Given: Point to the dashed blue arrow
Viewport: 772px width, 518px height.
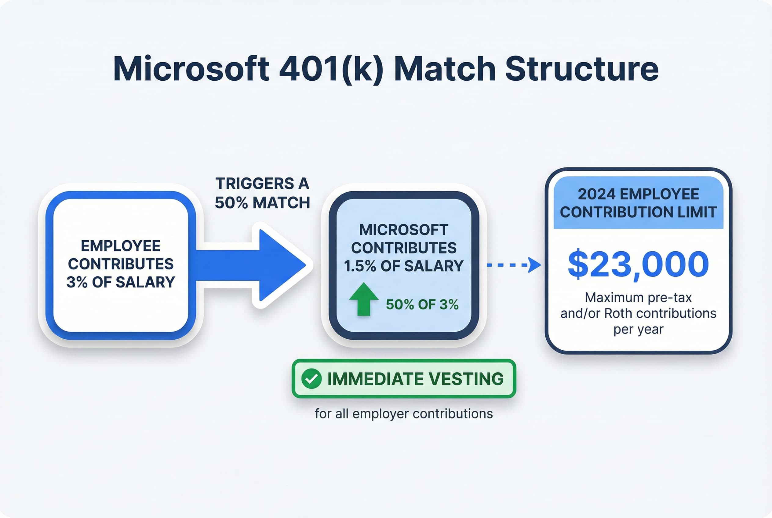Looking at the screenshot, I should [513, 265].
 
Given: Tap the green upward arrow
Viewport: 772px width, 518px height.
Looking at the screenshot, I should [364, 299].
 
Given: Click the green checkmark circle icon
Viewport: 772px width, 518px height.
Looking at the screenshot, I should [311, 379].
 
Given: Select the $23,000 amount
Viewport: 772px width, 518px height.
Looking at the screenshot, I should [638, 264].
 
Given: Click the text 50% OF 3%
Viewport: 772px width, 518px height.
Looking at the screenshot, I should [422, 305].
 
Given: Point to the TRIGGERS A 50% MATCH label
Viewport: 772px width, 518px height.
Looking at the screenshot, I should [262, 193].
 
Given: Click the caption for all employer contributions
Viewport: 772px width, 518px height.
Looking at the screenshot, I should [404, 414].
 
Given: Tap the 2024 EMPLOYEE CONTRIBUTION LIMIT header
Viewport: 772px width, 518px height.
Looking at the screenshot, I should [638, 203].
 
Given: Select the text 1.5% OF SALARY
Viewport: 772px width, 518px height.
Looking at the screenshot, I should [404, 266].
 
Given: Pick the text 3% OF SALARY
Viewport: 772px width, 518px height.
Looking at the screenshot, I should [121, 282].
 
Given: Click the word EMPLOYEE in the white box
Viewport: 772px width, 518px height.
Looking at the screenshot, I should [121, 246].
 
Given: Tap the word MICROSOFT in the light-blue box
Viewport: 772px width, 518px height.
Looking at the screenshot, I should [404, 230].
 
